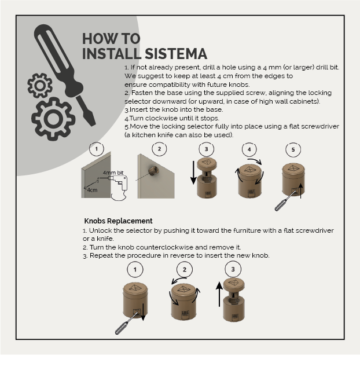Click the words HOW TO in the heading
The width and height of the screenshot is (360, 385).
tap(111, 39)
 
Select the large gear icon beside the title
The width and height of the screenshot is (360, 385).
tap(53, 119)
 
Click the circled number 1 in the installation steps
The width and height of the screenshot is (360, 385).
tap(97, 149)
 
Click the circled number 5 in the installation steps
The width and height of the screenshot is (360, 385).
tap(293, 149)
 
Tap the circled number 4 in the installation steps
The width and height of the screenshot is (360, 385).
tap(249, 149)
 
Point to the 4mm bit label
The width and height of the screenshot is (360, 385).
tap(113, 173)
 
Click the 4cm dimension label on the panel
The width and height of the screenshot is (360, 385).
tap(92, 190)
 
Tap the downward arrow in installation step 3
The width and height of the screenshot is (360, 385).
tap(193, 174)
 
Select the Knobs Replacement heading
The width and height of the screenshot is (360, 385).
tap(118, 221)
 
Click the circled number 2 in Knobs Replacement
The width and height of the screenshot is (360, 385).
tap(184, 269)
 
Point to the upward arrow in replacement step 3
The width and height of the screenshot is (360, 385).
tap(219, 294)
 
